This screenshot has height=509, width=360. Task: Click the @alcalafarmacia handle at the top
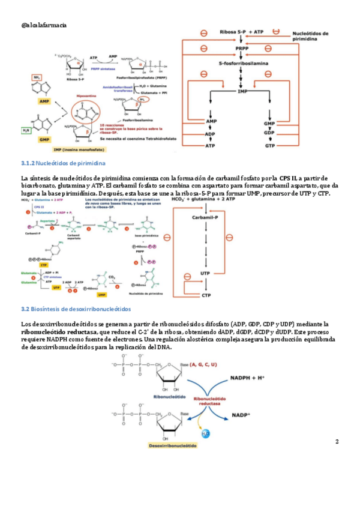click(x=44, y=24)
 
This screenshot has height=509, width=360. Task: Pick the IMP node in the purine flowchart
click(x=242, y=90)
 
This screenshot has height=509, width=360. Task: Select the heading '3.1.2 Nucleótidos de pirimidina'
click(x=63, y=163)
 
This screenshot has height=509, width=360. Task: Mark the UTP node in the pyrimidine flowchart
click(x=205, y=273)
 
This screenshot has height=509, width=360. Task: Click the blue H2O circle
click(x=205, y=432)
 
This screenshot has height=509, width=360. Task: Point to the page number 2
click(x=337, y=442)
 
